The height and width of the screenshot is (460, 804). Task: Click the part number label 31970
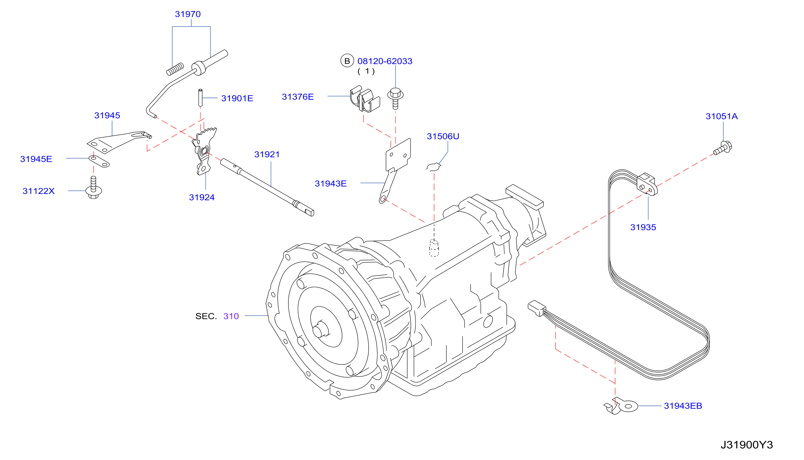(187, 14)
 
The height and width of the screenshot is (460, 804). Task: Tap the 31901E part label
(237, 98)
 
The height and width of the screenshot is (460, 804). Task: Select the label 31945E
(36, 159)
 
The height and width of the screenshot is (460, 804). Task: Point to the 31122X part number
(38, 191)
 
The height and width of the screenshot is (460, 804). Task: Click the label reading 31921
(267, 154)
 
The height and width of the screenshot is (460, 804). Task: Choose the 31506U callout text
(443, 136)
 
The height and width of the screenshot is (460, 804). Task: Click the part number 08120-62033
(384, 61)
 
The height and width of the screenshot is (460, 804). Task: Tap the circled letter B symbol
(347, 61)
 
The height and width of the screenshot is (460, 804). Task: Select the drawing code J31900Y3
(746, 445)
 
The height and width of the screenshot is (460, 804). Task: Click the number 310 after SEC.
(231, 316)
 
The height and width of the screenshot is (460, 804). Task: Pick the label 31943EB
(683, 406)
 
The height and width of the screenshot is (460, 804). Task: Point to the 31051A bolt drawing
(723, 148)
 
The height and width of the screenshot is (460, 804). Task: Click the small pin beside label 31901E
(200, 98)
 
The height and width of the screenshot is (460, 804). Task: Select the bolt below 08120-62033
(395, 98)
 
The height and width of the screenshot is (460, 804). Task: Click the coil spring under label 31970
(175, 69)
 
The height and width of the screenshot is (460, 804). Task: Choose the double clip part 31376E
(365, 99)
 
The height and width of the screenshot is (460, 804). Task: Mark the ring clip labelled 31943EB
(621, 406)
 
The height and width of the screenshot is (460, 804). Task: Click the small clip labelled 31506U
(433, 167)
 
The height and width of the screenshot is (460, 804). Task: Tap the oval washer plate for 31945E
(99, 161)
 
